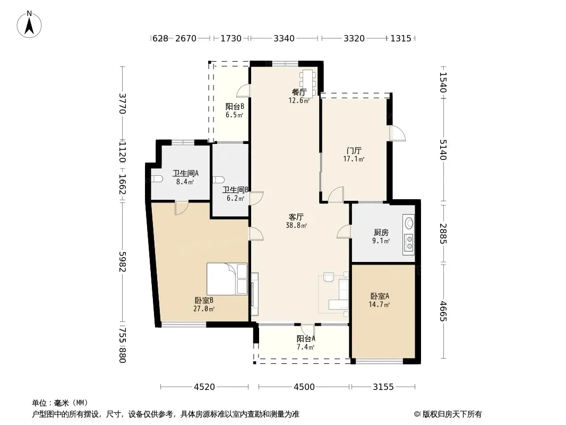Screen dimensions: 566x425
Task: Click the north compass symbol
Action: [29, 24]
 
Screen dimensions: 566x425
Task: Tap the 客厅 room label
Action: [296, 217]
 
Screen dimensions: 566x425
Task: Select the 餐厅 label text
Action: [299, 92]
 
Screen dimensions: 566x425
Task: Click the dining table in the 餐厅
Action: [307, 83]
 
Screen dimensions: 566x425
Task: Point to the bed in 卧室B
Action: [227, 279]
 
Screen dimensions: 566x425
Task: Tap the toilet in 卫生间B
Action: [218, 180]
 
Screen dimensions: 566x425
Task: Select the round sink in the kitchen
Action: [409, 223]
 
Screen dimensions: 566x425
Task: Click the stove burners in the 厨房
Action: [409, 242]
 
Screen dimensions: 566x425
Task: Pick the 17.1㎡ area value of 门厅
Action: [354, 159]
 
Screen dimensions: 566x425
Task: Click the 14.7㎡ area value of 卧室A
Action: [379, 305]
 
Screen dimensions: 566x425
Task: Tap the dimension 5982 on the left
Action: [122, 262]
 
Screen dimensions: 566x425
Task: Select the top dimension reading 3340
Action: [284, 38]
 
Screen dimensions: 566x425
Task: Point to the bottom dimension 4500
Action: [304, 387]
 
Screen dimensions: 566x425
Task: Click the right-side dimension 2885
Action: [443, 234]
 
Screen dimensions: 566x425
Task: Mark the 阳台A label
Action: [306, 339]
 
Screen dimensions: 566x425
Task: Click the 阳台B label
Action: [235, 107]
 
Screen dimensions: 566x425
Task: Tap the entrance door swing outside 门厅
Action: [398, 133]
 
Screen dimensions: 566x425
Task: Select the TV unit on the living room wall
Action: [254, 294]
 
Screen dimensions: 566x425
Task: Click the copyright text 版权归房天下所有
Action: [452, 414]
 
